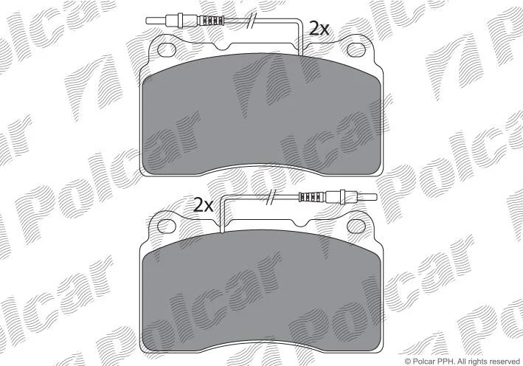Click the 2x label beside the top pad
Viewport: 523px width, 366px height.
click(319, 28)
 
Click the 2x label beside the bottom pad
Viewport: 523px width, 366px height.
click(203, 205)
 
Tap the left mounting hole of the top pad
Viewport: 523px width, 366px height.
click(167, 49)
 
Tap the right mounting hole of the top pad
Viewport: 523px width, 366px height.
click(356, 49)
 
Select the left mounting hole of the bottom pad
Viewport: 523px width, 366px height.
click(167, 227)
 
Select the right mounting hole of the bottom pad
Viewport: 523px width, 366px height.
click(356, 227)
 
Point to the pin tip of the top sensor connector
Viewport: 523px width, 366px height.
click(147, 21)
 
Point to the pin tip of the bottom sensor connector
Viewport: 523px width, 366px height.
click(376, 197)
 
